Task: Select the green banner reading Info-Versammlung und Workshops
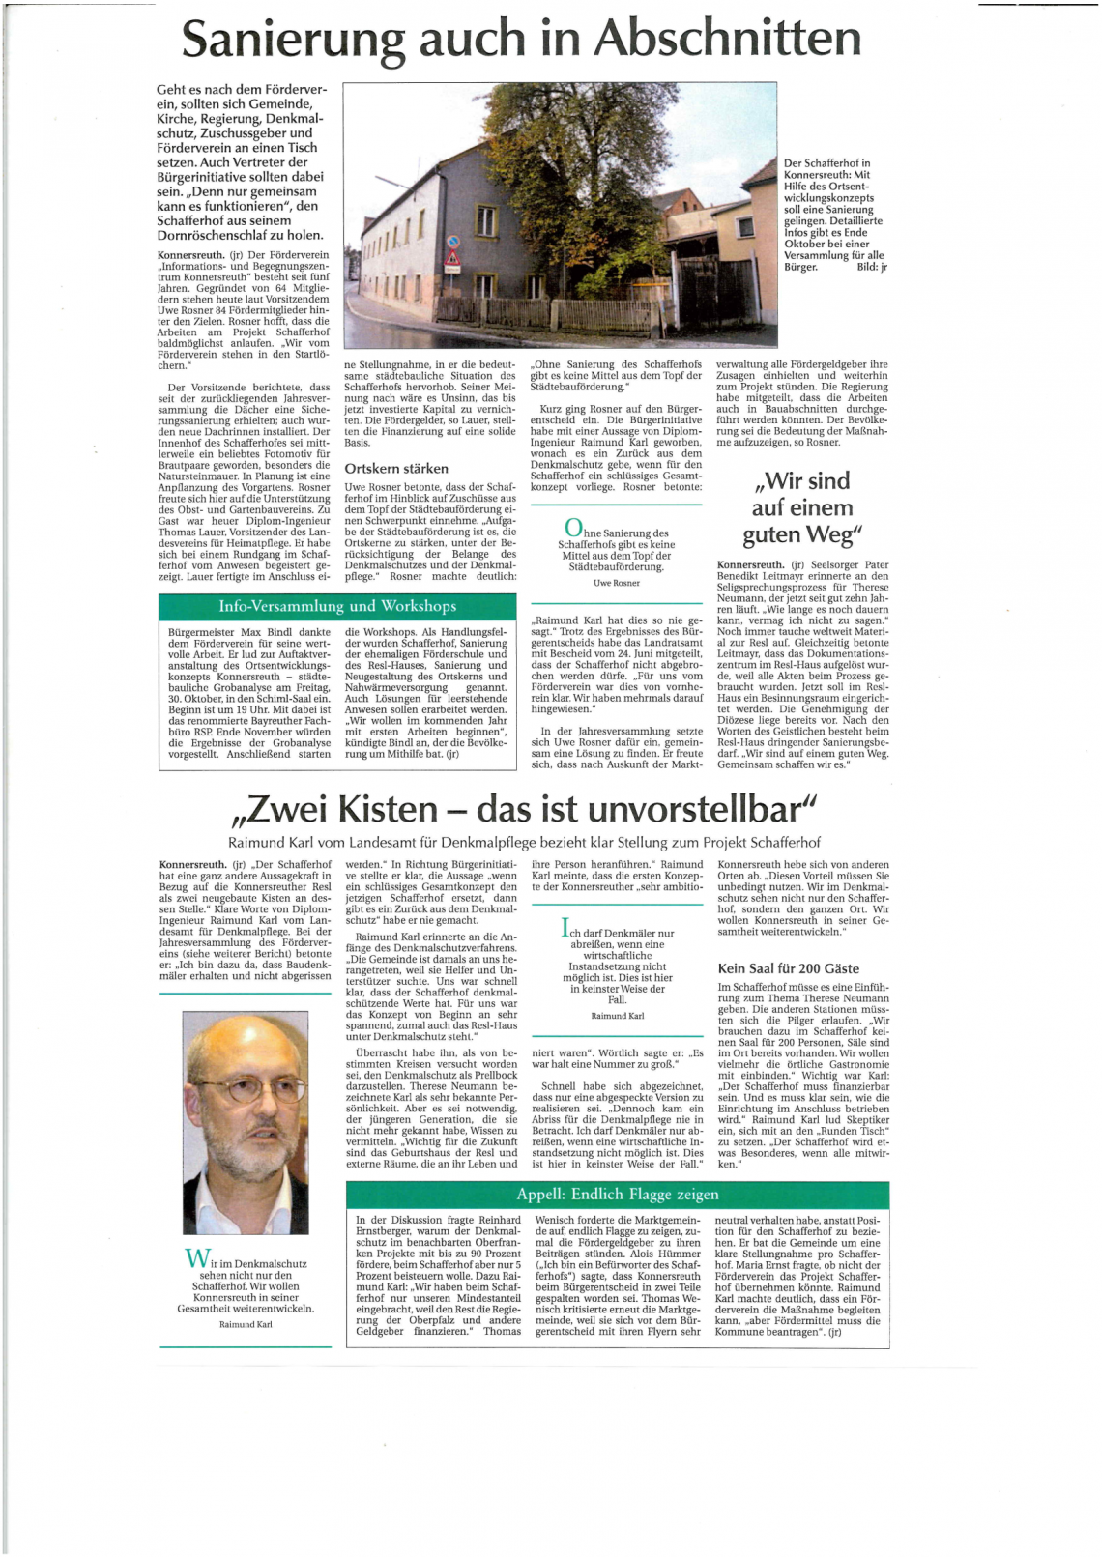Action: coord(336,606)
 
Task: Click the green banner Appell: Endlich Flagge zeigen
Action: coord(617,1194)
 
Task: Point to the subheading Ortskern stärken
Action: coord(396,469)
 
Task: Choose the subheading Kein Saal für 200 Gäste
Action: coord(788,968)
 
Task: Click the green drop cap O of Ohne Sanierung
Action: coord(572,528)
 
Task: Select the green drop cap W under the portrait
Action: coord(196,1258)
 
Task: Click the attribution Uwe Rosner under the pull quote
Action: coord(616,583)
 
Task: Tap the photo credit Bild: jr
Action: coord(871,267)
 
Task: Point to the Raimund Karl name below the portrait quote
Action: coord(246,1324)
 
